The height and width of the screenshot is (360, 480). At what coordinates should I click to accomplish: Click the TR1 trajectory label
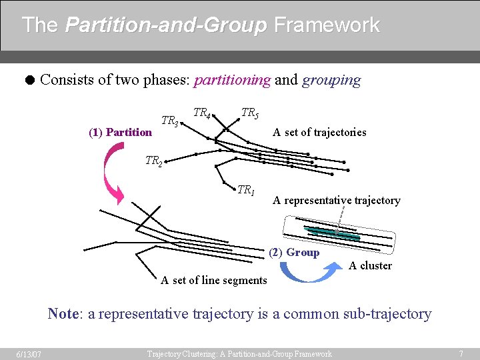[246, 191]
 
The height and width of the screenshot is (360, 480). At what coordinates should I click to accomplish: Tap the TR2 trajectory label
[154, 161]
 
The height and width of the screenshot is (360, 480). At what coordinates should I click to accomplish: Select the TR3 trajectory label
[170, 121]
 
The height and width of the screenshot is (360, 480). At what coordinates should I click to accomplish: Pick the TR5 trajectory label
[249, 113]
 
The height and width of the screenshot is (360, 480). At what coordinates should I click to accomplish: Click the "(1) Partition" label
[120, 132]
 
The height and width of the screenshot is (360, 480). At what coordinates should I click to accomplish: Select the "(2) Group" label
[294, 252]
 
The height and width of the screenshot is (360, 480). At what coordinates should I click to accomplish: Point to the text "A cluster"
[371, 265]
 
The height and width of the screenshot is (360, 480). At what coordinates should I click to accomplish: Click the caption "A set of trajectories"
[319, 132]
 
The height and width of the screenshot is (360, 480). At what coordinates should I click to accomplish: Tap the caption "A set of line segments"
[214, 280]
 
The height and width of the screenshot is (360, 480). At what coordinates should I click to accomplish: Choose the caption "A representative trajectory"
[337, 200]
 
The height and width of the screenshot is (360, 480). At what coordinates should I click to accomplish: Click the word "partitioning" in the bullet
[232, 80]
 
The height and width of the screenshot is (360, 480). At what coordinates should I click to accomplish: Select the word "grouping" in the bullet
[331, 80]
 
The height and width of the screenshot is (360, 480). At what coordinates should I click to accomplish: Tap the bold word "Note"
[63, 313]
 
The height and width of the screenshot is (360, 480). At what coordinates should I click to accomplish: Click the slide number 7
[461, 353]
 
